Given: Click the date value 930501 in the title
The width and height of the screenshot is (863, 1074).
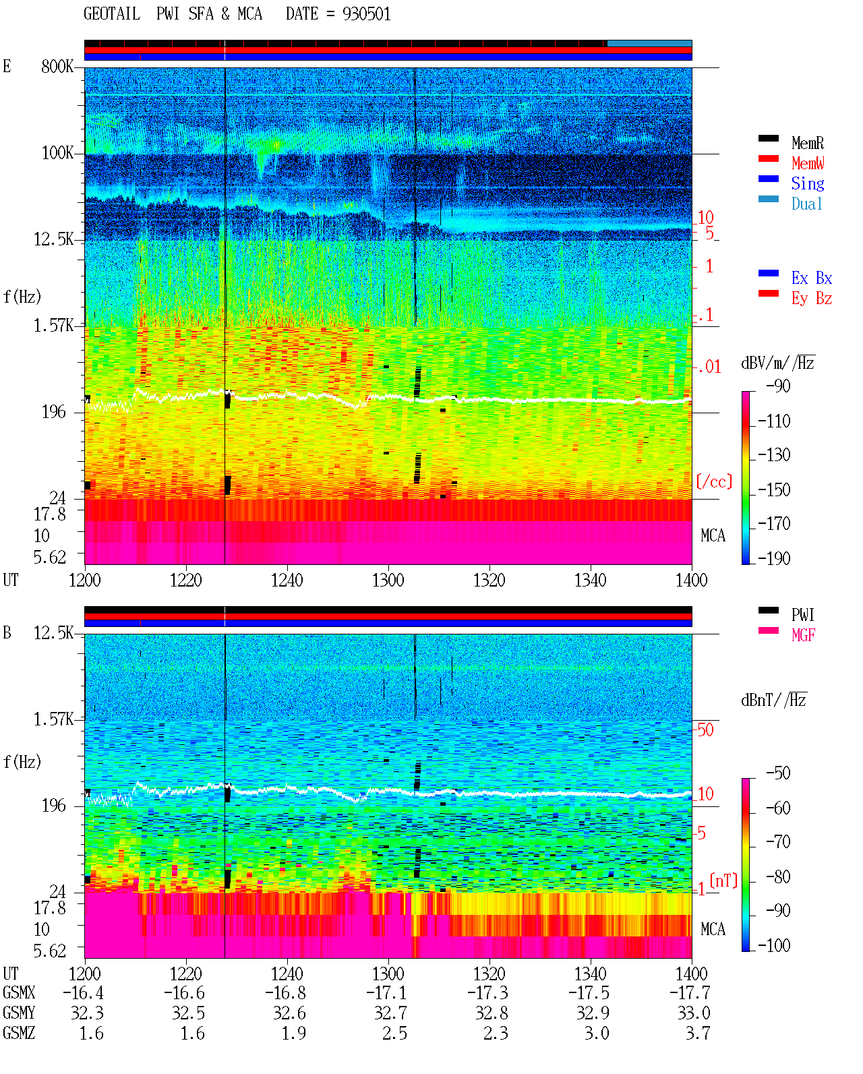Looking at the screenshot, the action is [366, 14].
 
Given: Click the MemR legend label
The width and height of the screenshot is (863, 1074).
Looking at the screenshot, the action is [808, 143].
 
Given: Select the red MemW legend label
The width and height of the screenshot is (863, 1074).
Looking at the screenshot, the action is [808, 163].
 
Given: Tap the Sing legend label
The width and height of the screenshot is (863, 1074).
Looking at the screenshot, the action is [808, 183].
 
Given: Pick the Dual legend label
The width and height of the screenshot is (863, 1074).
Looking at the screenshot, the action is [807, 204].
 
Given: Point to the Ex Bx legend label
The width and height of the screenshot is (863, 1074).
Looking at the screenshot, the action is [812, 278].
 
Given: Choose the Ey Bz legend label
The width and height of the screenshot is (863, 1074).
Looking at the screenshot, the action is [812, 299].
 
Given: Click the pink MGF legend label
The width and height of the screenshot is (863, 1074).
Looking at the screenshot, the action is [803, 635].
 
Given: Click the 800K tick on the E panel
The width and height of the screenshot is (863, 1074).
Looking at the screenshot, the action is [57, 66].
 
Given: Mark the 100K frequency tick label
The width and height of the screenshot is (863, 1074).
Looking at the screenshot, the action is [57, 153].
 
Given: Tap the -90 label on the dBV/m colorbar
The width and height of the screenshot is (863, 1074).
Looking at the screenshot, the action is [778, 386].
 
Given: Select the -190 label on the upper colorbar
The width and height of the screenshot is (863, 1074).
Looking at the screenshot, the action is [774, 558].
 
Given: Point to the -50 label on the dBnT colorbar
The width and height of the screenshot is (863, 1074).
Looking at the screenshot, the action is [778, 773].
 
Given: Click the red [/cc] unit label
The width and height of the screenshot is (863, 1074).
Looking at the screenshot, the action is [714, 481].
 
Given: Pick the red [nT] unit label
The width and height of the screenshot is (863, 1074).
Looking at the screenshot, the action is [723, 881].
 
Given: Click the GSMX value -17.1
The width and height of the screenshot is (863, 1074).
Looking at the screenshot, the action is [387, 993].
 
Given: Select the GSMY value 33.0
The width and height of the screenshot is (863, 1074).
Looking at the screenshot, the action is [694, 1013].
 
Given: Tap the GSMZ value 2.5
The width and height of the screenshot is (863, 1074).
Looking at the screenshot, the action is [395, 1033].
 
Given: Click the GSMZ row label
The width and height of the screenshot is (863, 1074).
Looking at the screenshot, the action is [19, 1033].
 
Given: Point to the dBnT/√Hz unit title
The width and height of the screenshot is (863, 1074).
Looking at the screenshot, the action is [774, 700].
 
